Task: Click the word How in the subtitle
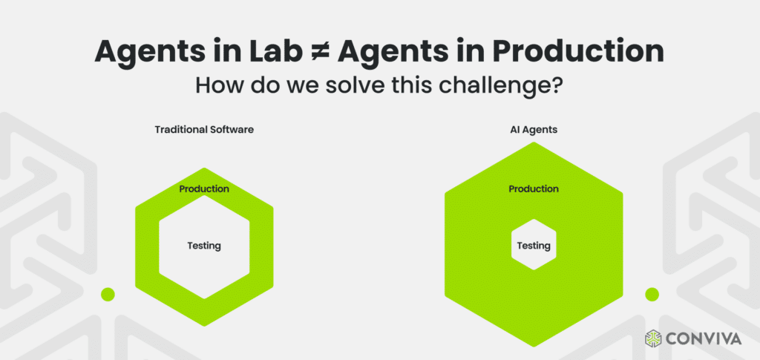pyautogui.click(x=218, y=85)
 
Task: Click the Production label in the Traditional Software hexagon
pyautogui.click(x=204, y=189)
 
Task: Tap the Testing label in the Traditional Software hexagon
pyautogui.click(x=204, y=246)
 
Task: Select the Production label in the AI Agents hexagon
pyautogui.click(x=534, y=189)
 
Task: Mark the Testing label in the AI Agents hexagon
pyautogui.click(x=534, y=246)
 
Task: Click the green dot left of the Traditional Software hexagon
pyautogui.click(x=108, y=294)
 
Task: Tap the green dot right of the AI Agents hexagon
pyautogui.click(x=652, y=294)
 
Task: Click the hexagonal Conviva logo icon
pyautogui.click(x=654, y=338)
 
